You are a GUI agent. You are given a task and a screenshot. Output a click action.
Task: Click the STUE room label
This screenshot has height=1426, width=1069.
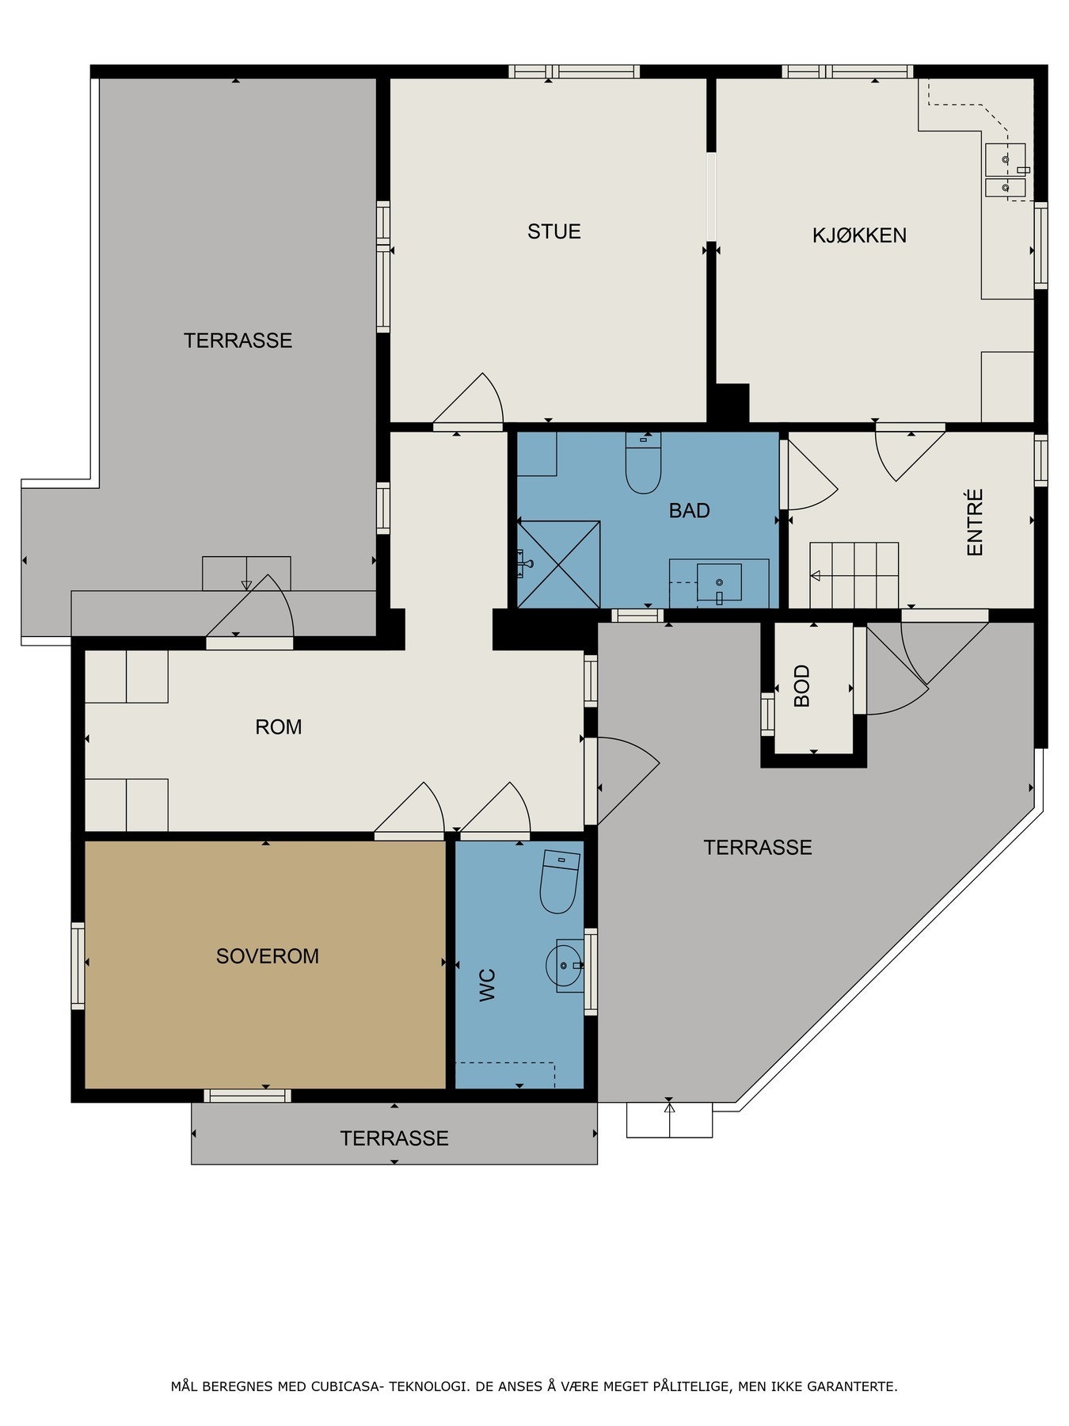554,231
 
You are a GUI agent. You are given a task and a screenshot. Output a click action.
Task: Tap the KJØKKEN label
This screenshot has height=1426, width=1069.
859,235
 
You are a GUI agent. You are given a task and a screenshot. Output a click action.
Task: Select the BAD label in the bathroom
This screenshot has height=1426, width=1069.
689,511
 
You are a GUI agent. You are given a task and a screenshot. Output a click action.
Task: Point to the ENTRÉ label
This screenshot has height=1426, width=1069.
975,522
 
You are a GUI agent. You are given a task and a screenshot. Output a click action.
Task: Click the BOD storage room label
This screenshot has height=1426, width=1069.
801,686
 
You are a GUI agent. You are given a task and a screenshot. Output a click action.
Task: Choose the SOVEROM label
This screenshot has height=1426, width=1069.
268,956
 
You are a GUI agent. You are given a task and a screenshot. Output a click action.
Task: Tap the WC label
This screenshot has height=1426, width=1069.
488,985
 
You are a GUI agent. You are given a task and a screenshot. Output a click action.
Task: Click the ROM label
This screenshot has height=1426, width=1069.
279,727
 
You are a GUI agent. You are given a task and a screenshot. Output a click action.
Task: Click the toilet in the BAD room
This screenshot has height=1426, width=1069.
643,463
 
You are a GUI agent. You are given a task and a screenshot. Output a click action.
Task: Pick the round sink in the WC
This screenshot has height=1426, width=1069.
565,966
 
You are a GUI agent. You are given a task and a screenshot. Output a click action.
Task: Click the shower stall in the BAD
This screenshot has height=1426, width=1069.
558,564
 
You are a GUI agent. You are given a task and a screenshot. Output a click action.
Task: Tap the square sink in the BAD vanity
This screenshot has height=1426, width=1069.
719,583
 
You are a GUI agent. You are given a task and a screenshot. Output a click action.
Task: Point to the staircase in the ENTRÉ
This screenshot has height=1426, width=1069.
854,575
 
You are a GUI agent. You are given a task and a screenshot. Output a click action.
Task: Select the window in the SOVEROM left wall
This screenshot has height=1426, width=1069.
78,966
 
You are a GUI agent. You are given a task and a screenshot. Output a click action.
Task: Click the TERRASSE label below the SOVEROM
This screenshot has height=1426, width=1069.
394,1138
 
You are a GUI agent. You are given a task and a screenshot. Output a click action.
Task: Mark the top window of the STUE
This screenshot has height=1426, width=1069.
574,71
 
